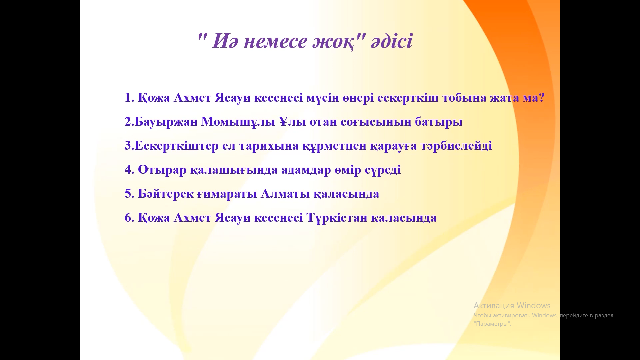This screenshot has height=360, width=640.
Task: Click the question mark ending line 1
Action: point(541,98)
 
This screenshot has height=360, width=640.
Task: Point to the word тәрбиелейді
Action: point(456,146)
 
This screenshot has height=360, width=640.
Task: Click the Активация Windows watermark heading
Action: point(512,306)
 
